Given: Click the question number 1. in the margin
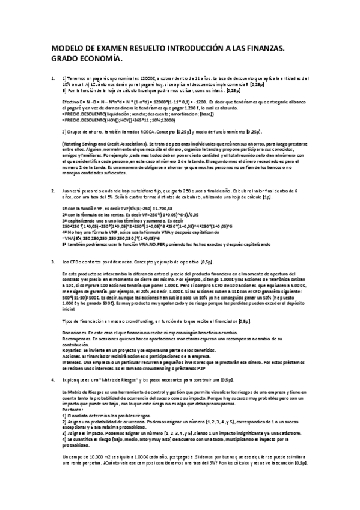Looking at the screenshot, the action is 53,78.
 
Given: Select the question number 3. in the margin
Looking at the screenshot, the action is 53,262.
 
